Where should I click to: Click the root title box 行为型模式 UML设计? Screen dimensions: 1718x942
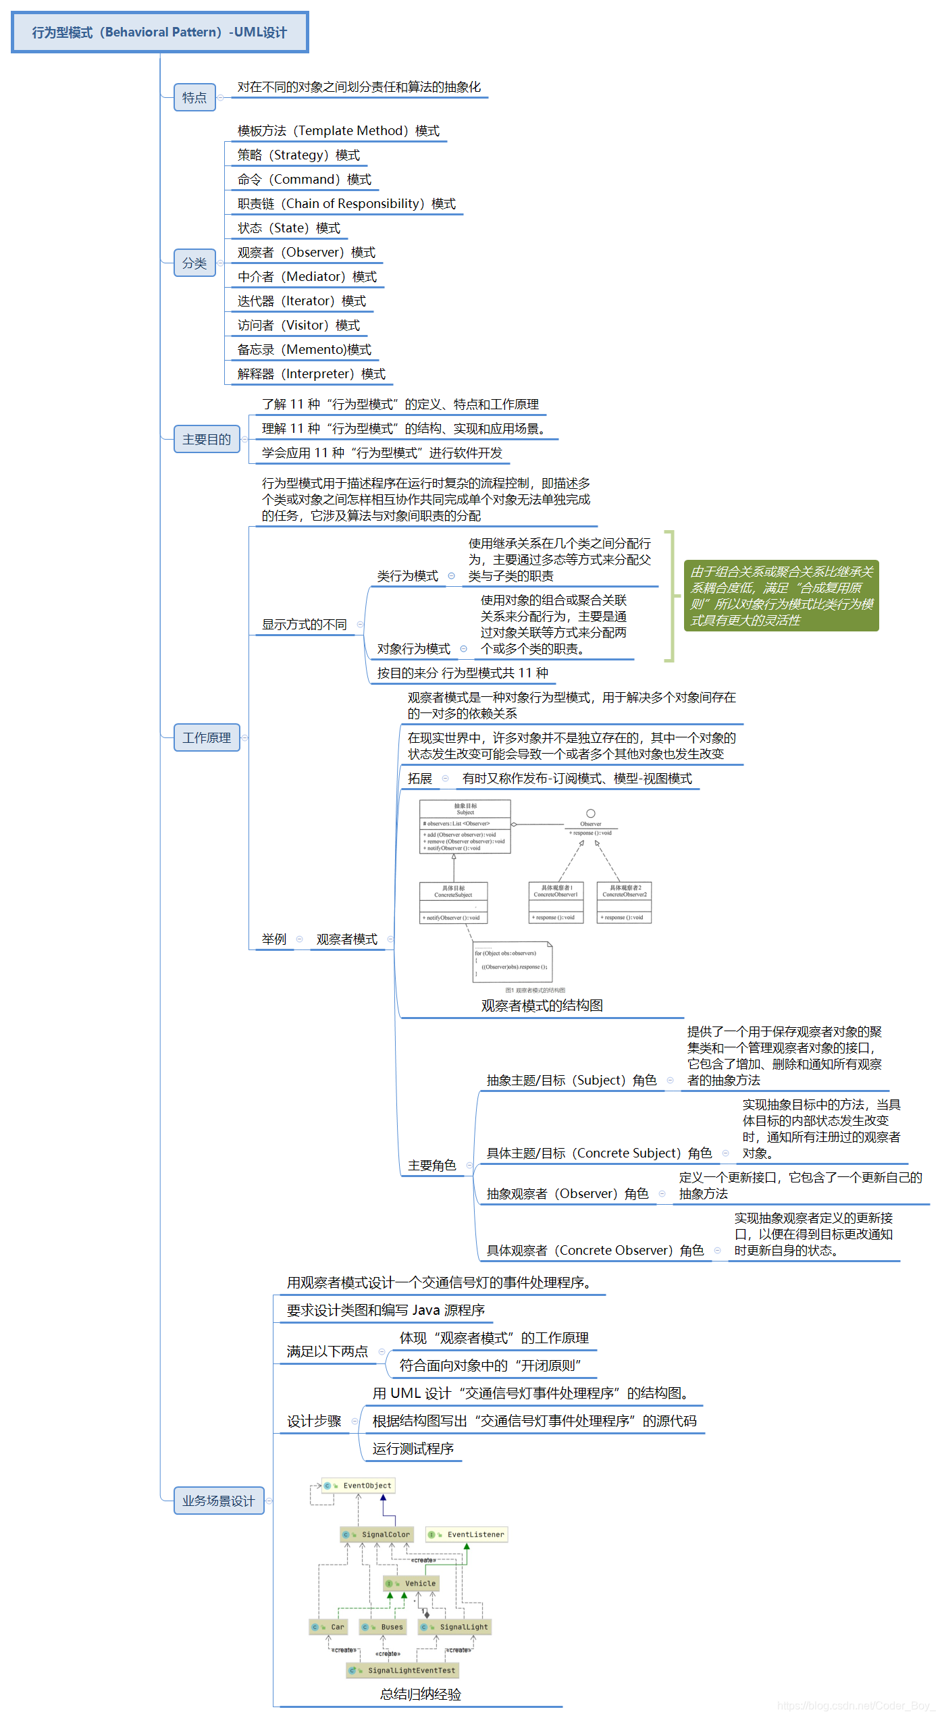(x=159, y=32)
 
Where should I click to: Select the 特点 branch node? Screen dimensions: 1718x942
(x=194, y=98)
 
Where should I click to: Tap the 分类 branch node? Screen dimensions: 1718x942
(x=194, y=263)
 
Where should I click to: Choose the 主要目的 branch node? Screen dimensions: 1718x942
(x=207, y=440)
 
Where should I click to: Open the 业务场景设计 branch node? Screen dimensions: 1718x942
(x=218, y=1501)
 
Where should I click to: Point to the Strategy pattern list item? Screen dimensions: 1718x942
(x=298, y=155)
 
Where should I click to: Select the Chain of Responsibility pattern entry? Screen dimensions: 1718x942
(x=346, y=204)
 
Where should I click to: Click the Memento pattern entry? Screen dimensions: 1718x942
(x=304, y=350)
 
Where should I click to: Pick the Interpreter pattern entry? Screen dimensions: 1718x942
(x=311, y=374)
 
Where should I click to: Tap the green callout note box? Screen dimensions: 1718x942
(x=781, y=596)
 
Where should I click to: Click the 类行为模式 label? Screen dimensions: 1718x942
(x=407, y=576)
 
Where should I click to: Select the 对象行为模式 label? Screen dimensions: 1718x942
(x=413, y=649)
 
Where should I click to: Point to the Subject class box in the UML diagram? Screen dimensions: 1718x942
(x=465, y=827)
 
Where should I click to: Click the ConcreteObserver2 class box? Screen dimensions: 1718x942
(x=625, y=902)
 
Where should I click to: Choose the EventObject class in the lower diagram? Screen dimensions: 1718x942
(x=359, y=1486)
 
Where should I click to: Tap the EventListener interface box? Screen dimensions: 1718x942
(x=467, y=1534)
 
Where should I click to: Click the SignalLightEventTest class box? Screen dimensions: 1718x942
(x=403, y=1671)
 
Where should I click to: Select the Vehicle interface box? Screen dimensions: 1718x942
(x=412, y=1584)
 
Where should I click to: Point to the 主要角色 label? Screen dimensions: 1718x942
(x=432, y=1166)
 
